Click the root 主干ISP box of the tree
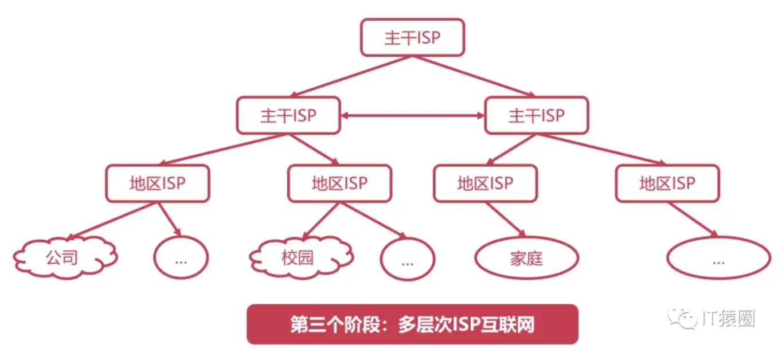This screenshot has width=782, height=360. (412, 38)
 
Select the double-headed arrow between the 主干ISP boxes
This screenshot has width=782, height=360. (412, 116)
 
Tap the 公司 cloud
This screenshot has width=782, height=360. (64, 258)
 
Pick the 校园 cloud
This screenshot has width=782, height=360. (300, 258)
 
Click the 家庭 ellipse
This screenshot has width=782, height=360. (526, 259)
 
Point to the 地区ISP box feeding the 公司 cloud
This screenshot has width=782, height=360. (158, 183)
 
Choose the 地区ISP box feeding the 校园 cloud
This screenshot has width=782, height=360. (339, 183)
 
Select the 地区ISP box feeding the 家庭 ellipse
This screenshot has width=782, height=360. (485, 183)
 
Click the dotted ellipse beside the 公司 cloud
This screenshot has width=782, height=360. (181, 259)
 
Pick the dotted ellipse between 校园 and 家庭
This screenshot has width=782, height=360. (408, 260)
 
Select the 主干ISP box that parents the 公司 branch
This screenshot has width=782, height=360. (288, 116)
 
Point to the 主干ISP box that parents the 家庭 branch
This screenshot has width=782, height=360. (536, 116)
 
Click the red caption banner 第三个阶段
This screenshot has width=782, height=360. (412, 324)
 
